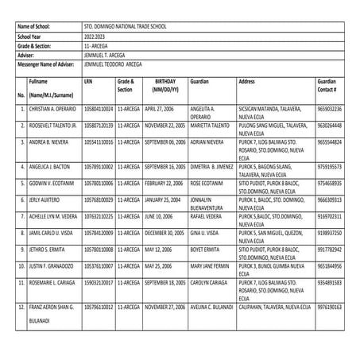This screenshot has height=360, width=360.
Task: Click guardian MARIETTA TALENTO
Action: tap(210, 125)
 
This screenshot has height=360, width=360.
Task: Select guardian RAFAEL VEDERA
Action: tap(207, 216)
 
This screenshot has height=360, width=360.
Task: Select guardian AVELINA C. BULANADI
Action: tap(212, 306)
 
